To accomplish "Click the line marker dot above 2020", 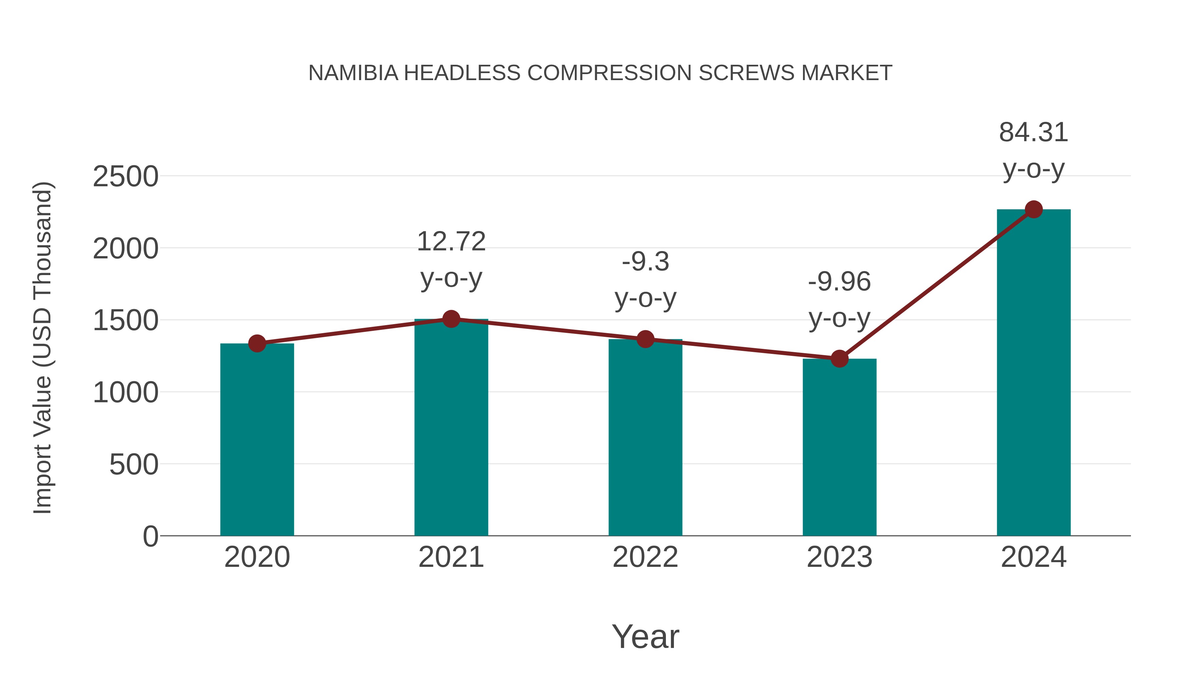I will pos(257,344).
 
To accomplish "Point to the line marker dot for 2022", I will pos(645,339).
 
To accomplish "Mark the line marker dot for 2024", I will pos(1034,209).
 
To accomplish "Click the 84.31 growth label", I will pos(1033,133).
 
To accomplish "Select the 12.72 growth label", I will pos(451,242).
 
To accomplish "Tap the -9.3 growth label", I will pos(645,262).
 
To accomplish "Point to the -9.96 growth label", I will pos(839,282).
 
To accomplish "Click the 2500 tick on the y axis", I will pos(125,177).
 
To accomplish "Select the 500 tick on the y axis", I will pos(133,465).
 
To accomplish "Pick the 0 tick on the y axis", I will pos(150,536).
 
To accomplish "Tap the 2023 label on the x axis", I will pos(839,557).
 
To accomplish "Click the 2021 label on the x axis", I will pos(451,557).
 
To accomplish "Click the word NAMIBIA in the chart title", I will pos(353,73).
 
